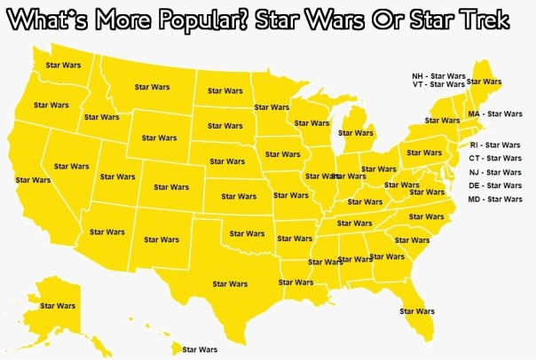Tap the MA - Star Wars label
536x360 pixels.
(x=495, y=114)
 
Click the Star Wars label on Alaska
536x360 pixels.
(x=59, y=306)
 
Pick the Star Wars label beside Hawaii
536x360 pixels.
(x=199, y=350)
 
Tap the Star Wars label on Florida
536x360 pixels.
(x=417, y=311)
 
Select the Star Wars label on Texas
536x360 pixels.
(x=231, y=284)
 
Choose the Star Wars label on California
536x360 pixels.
(x=33, y=180)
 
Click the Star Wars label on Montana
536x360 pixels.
(x=152, y=87)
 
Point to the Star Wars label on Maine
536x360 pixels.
(x=484, y=82)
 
